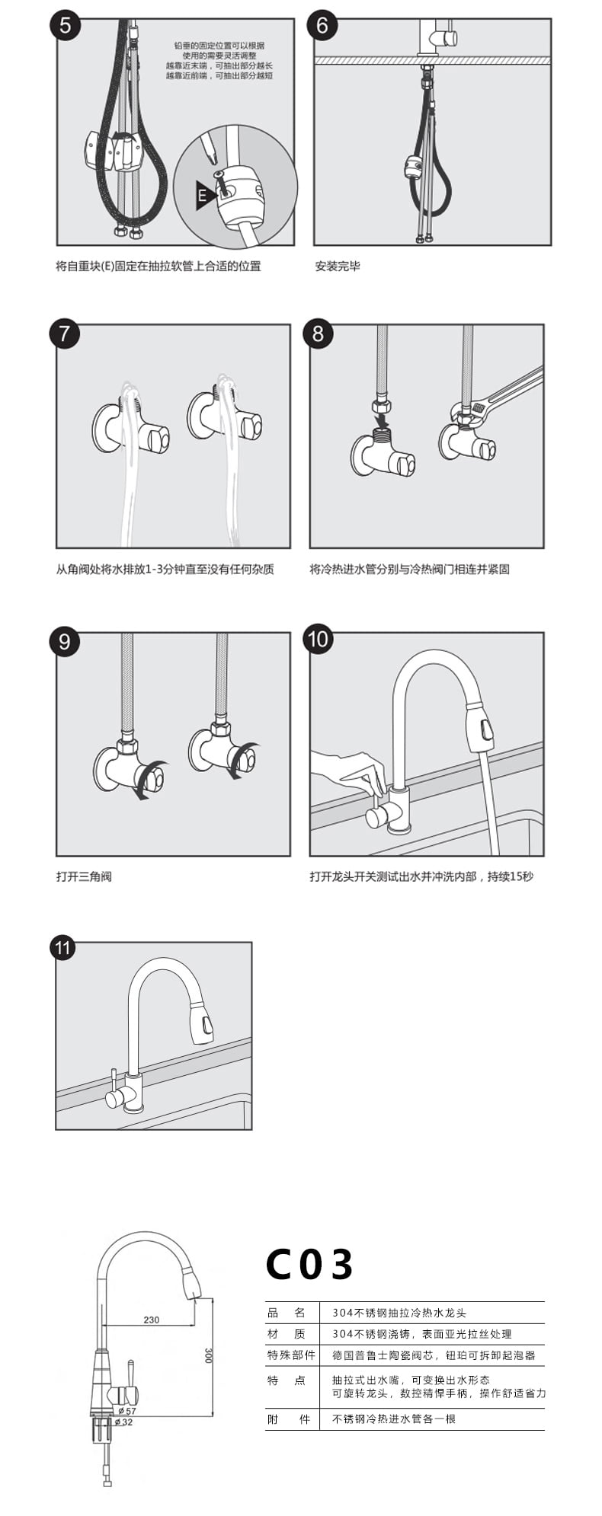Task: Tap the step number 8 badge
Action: click(x=319, y=333)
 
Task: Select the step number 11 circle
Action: click(x=62, y=948)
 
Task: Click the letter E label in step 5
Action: click(x=202, y=194)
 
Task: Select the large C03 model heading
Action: click(x=309, y=1265)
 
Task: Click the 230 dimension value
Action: click(x=152, y=1320)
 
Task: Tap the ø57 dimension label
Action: click(x=126, y=1411)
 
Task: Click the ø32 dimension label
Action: click(x=123, y=1422)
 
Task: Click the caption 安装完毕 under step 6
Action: click(x=338, y=266)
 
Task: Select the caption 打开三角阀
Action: click(x=84, y=876)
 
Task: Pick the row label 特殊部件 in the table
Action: click(x=291, y=1355)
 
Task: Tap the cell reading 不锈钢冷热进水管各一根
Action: click(x=394, y=1419)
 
